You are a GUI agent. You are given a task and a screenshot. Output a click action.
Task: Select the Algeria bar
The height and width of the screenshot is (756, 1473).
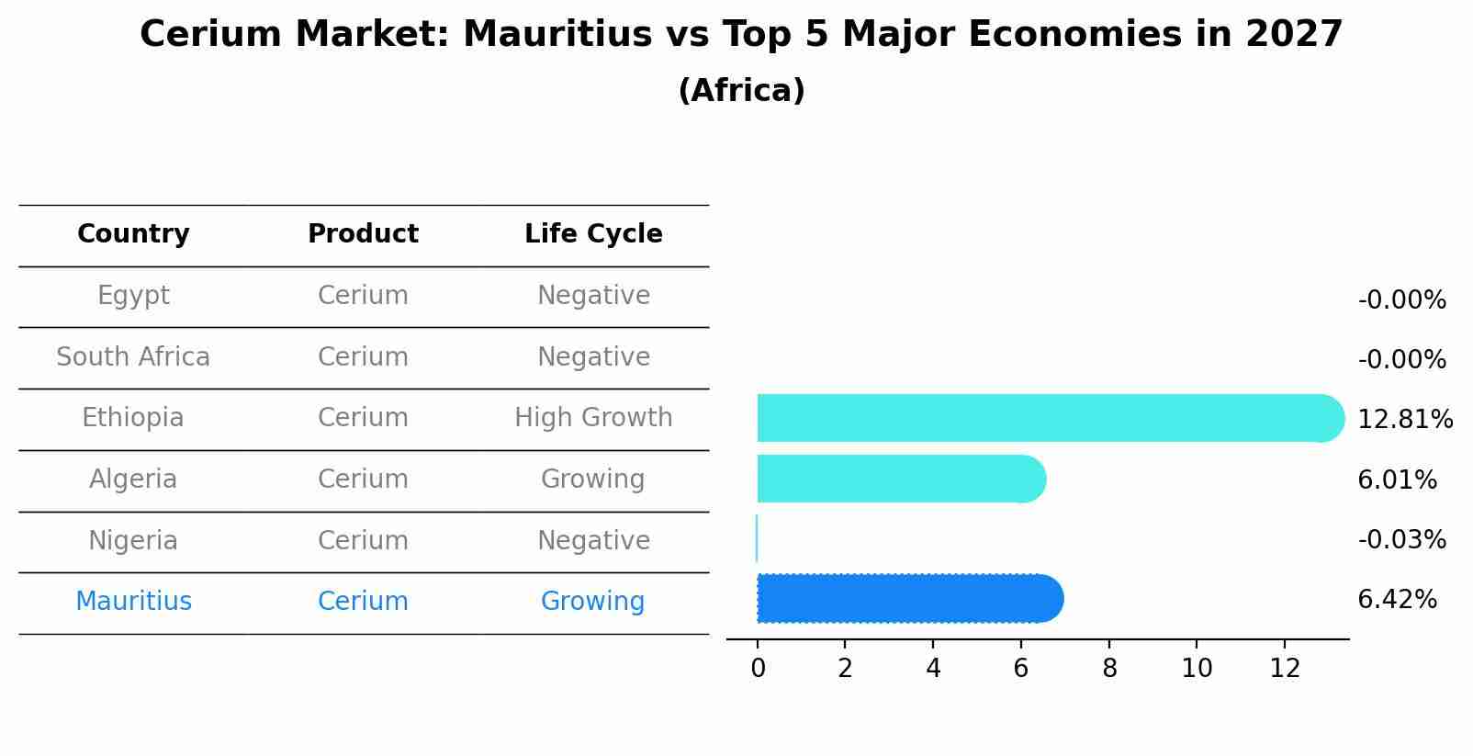click(x=900, y=479)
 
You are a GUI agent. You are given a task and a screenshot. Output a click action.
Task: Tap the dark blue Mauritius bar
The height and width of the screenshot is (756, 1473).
click(x=909, y=599)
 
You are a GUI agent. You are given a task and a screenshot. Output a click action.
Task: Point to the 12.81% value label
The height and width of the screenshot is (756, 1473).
click(x=1404, y=420)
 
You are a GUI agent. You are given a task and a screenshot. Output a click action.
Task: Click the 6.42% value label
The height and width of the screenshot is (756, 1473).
click(x=1397, y=600)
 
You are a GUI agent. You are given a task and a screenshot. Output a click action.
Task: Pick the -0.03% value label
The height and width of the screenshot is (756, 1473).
click(x=1401, y=540)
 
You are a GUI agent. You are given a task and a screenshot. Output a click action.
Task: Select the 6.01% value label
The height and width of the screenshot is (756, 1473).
click(x=1397, y=480)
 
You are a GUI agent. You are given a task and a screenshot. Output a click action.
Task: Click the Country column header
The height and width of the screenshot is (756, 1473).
click(x=133, y=234)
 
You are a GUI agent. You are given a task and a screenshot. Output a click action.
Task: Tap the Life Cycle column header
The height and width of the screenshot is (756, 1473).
click(x=593, y=234)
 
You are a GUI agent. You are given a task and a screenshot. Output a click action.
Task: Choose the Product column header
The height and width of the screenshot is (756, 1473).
click(x=363, y=234)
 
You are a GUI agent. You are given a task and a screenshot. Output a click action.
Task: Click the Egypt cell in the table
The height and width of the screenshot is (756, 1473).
click(x=133, y=296)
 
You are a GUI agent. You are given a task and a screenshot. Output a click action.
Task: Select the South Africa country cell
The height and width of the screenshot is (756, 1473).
click(x=133, y=356)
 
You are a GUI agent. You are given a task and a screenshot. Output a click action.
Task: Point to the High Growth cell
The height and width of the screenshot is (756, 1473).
click(x=593, y=418)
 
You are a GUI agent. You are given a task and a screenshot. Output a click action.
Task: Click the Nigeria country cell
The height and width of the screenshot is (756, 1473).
click(x=133, y=540)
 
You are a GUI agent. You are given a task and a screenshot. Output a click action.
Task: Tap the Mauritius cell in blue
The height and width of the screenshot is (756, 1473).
click(x=133, y=602)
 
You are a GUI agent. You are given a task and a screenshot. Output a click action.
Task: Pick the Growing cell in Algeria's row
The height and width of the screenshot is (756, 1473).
click(x=593, y=479)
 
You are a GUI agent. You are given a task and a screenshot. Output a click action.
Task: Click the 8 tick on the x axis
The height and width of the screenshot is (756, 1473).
click(x=1109, y=669)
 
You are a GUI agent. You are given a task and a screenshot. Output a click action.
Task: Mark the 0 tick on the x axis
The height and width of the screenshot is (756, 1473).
click(x=758, y=669)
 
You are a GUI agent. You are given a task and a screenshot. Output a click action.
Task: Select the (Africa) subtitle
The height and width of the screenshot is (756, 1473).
click(x=741, y=91)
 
